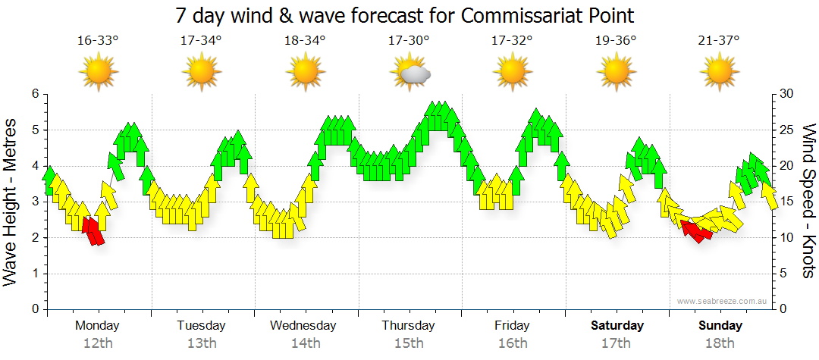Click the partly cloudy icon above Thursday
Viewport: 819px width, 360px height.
click(x=409, y=73)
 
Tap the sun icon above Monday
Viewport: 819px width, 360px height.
click(x=98, y=73)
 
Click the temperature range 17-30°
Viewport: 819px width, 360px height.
click(x=409, y=40)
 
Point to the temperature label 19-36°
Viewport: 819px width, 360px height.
click(x=616, y=40)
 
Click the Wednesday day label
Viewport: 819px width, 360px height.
click(x=304, y=326)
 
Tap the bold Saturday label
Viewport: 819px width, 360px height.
click(x=617, y=326)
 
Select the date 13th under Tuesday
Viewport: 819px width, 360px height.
click(x=201, y=343)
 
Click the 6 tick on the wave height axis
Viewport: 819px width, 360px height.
click(x=34, y=94)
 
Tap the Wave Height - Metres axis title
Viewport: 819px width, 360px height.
click(x=11, y=202)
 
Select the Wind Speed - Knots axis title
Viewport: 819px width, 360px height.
click(x=808, y=202)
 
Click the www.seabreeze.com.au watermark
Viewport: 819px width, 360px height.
click(x=723, y=301)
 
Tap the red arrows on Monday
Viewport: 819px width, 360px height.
click(x=93, y=230)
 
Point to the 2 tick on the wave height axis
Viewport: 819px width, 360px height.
click(x=34, y=238)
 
